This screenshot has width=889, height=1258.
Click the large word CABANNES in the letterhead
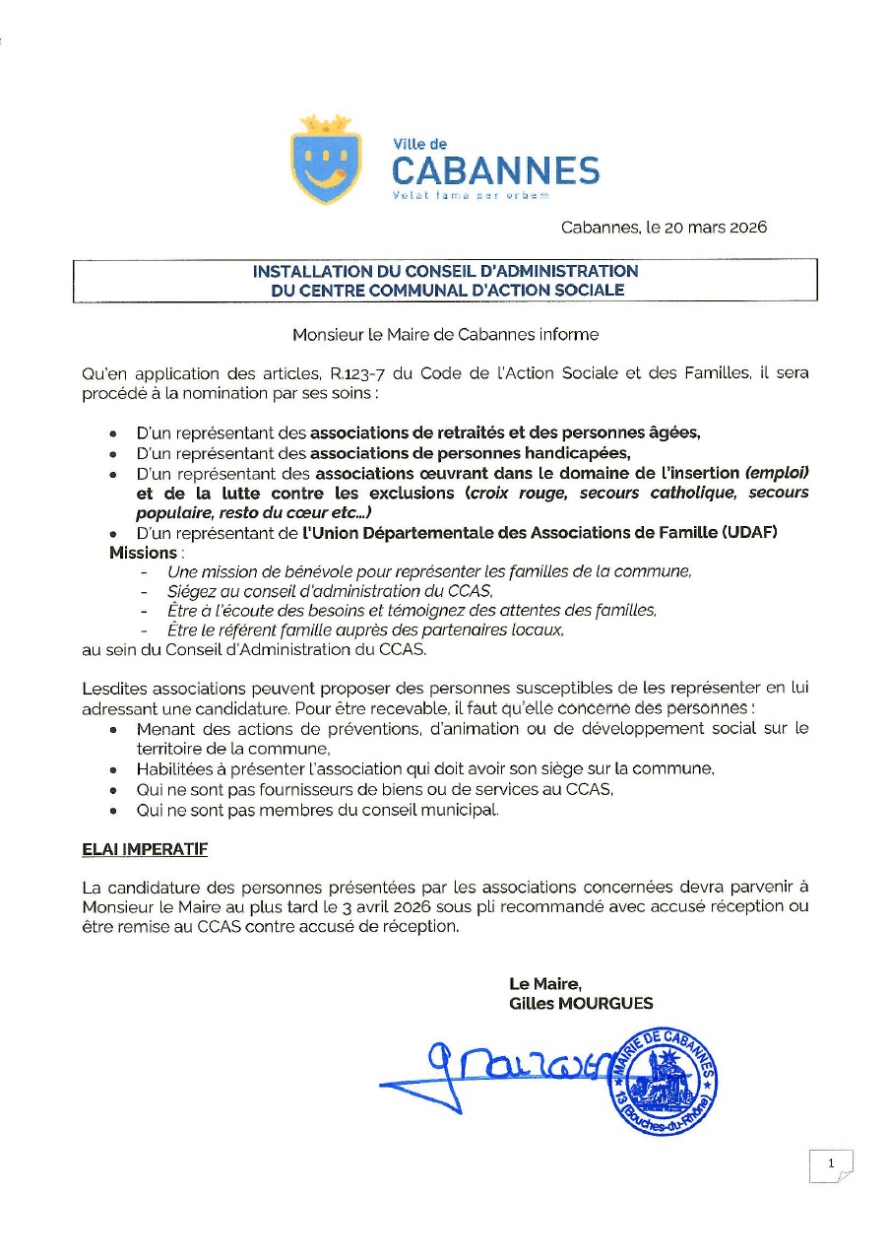pyautogui.click(x=495, y=171)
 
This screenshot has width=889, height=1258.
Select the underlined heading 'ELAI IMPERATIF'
pyautogui.click(x=144, y=848)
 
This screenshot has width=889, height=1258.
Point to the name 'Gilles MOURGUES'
pyautogui.click(x=581, y=1004)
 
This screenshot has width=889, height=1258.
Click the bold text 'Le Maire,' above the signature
pyautogui.click(x=545, y=983)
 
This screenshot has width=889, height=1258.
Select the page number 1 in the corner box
pyautogui.click(x=831, y=1164)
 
